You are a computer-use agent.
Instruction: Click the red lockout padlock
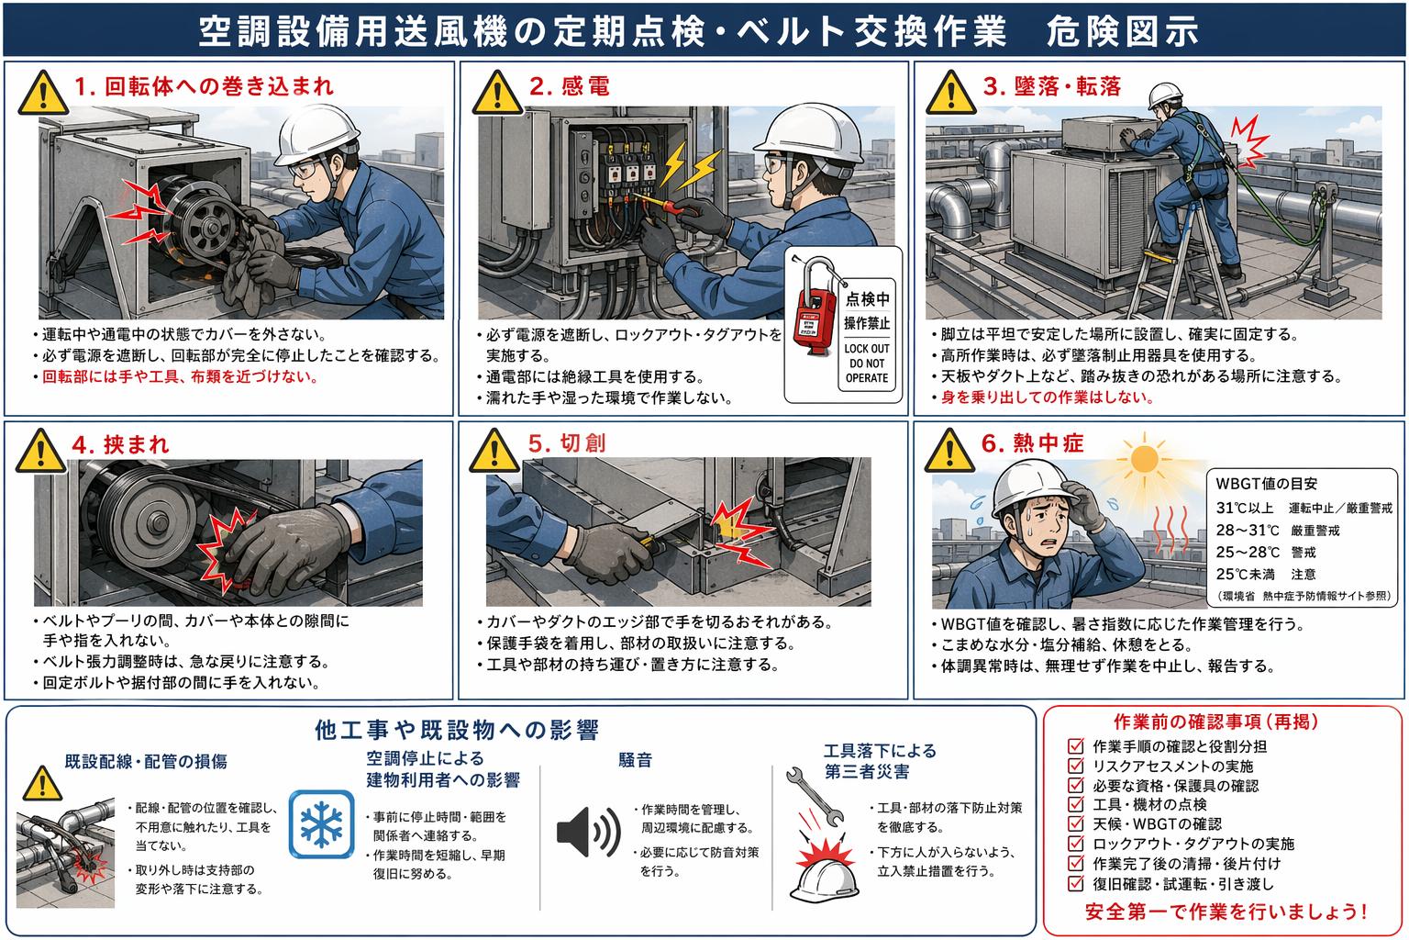815,312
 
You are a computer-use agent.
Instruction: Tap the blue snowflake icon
321,824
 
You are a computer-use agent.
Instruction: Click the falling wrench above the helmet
815,796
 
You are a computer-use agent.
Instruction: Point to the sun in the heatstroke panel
1144,460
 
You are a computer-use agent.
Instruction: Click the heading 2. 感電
570,85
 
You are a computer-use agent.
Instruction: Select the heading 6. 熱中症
1032,443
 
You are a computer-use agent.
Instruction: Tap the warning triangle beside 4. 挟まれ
41,452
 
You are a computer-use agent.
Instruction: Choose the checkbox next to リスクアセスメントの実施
1076,766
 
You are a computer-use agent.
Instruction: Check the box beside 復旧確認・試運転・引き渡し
1076,883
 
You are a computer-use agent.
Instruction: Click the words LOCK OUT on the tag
867,348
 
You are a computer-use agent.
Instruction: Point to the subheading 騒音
635,760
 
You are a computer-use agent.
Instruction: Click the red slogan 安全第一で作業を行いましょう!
1226,911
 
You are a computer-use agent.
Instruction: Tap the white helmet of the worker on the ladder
1164,95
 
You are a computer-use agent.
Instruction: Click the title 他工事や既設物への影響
457,731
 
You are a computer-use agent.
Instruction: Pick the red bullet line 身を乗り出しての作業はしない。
1048,397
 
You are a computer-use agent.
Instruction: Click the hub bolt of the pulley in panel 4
157,522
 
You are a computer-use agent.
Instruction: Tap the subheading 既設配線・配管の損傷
146,761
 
